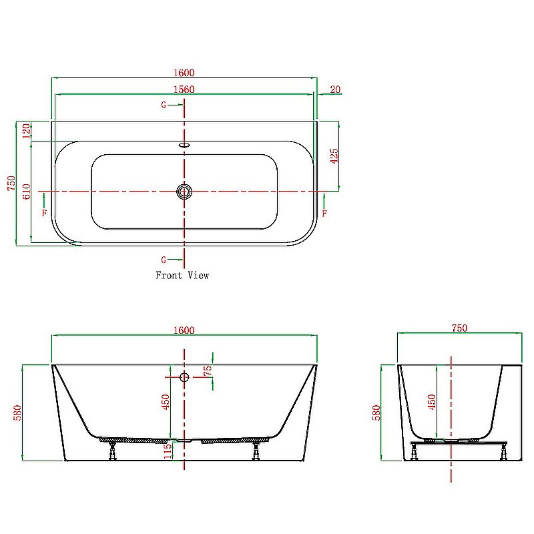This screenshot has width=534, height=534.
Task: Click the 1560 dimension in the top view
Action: (184, 89)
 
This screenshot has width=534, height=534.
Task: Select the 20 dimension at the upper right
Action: (334, 89)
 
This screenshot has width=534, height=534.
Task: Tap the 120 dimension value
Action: (27, 131)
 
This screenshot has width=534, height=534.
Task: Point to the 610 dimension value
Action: (27, 192)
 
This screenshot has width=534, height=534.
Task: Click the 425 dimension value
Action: (334, 156)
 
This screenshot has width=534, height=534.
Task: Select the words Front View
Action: (182, 275)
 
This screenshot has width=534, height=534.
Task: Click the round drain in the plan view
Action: (184, 192)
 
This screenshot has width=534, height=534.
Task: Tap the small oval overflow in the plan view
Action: (184, 143)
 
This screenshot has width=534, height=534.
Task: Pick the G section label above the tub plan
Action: (164, 105)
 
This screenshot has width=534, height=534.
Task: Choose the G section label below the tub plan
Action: (164, 259)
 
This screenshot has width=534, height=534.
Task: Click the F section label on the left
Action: (44, 213)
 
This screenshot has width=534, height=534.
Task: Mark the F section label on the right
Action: (324, 213)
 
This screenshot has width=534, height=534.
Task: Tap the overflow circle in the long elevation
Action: (185, 377)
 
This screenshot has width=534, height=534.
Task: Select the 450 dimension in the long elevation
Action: (166, 401)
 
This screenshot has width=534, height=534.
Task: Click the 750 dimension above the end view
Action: (459, 328)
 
